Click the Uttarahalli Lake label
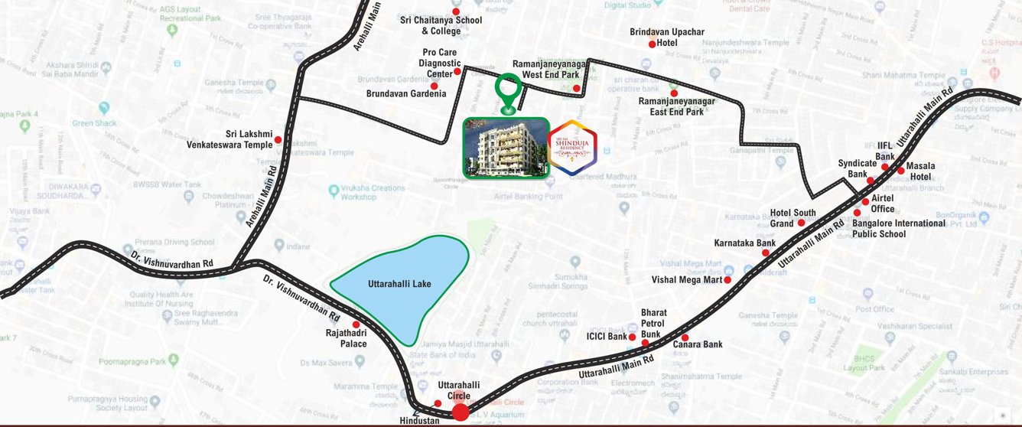point(399,284)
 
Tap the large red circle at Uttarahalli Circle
point(461,412)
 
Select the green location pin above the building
point(507,92)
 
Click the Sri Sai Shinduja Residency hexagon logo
point(573,148)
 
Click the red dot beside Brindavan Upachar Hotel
point(652,44)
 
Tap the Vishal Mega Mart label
point(687,280)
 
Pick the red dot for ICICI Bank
point(633,337)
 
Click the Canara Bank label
point(698,344)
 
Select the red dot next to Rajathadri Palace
point(356,324)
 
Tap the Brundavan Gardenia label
point(406,93)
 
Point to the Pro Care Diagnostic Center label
point(441,63)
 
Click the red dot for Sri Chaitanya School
point(457,12)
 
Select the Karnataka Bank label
point(744,243)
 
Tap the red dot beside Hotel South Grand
point(801,223)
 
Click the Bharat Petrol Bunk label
point(654,324)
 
